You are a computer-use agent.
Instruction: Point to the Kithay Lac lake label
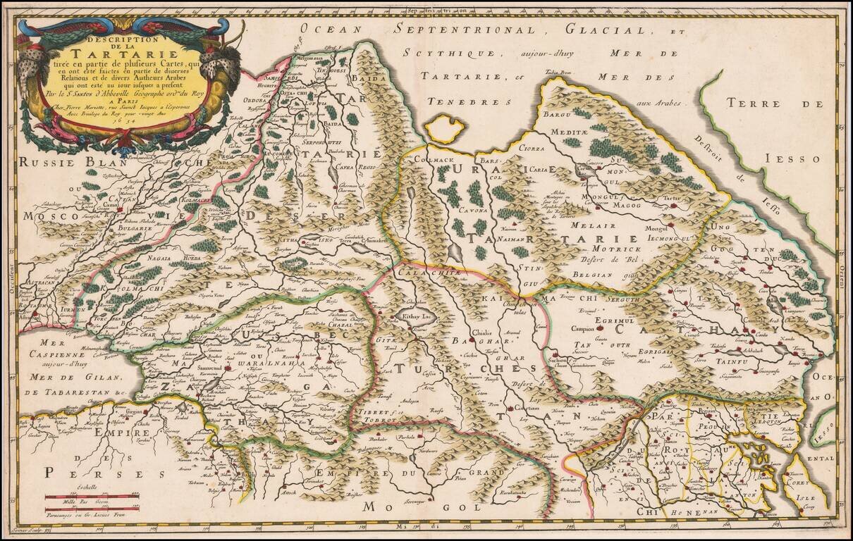(x=415, y=318)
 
